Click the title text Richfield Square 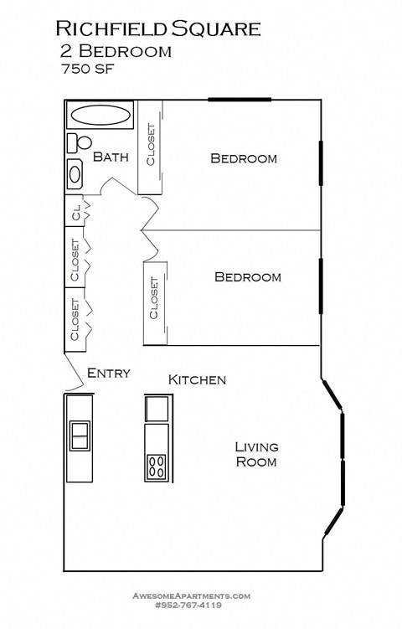tap(158, 28)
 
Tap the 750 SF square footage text tap(87, 70)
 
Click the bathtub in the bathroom tap(100, 116)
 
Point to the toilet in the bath tap(75, 142)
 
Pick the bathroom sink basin tap(75, 174)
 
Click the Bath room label tap(110, 157)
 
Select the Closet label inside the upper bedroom tap(151, 145)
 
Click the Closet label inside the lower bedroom tap(154, 299)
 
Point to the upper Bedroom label tap(243, 158)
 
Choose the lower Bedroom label tap(247, 277)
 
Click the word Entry tap(109, 373)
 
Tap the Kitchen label tap(197, 380)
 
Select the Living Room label tap(256, 454)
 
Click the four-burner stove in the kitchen tap(157, 466)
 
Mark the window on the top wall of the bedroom tap(240, 100)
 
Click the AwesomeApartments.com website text tap(192, 595)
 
